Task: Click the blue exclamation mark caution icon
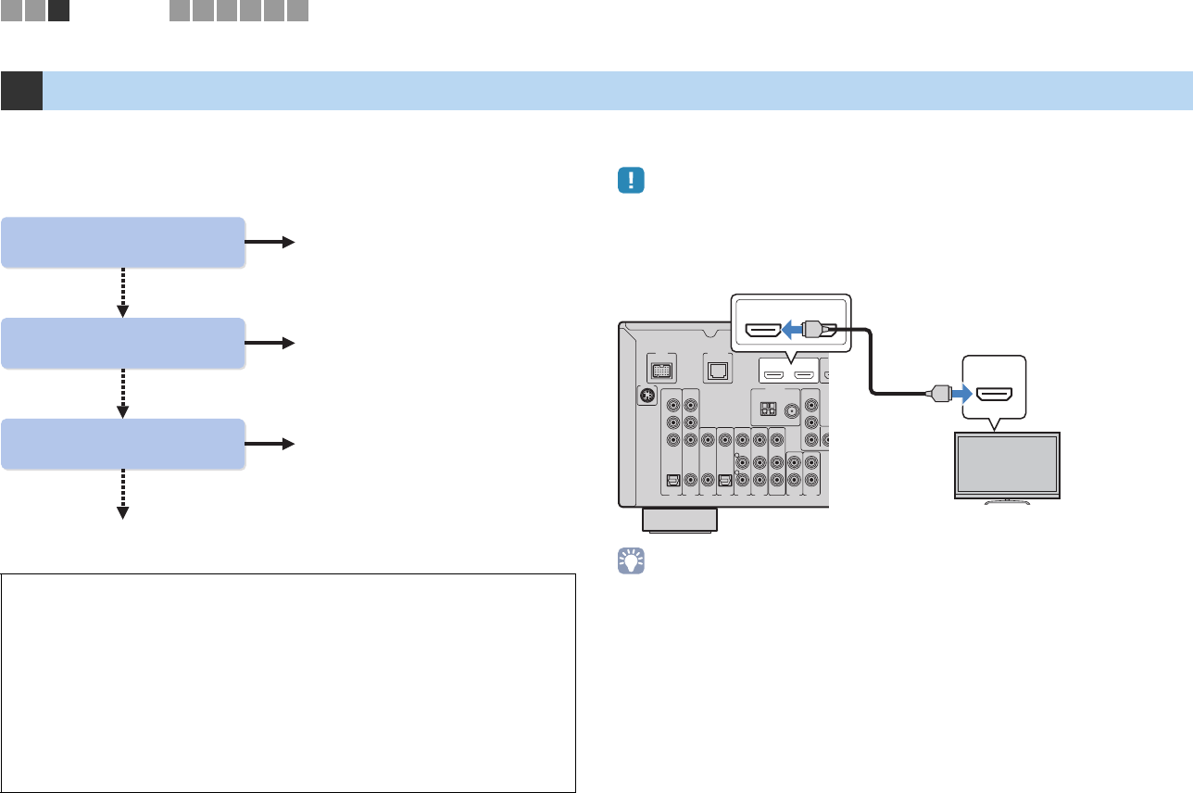630,181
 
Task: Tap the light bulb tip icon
631,563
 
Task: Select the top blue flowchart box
123,242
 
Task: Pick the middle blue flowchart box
123,343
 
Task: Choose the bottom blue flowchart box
123,444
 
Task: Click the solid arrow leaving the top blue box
270,242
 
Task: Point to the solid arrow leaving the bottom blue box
270,444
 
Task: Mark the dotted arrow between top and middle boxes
123,293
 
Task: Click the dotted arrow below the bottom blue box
123,495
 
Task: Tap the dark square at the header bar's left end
21,91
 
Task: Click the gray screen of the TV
1007,466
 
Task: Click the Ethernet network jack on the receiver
719,370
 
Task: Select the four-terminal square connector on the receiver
766,409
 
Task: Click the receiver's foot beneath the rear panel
680,520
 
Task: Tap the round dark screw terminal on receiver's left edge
647,394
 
